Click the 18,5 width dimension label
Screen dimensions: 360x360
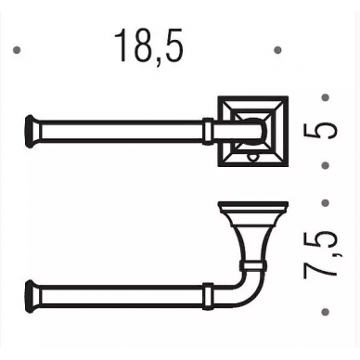click(x=149, y=45)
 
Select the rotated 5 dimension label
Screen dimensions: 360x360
click(x=320, y=131)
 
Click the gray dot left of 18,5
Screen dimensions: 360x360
click(x=17, y=50)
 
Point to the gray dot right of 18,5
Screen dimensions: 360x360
click(x=277, y=50)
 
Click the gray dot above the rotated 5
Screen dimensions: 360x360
click(x=325, y=97)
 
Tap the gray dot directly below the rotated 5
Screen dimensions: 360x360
click(x=325, y=166)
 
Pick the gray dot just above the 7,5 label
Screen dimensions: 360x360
click(x=325, y=203)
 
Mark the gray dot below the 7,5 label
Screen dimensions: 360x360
click(x=325, y=311)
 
